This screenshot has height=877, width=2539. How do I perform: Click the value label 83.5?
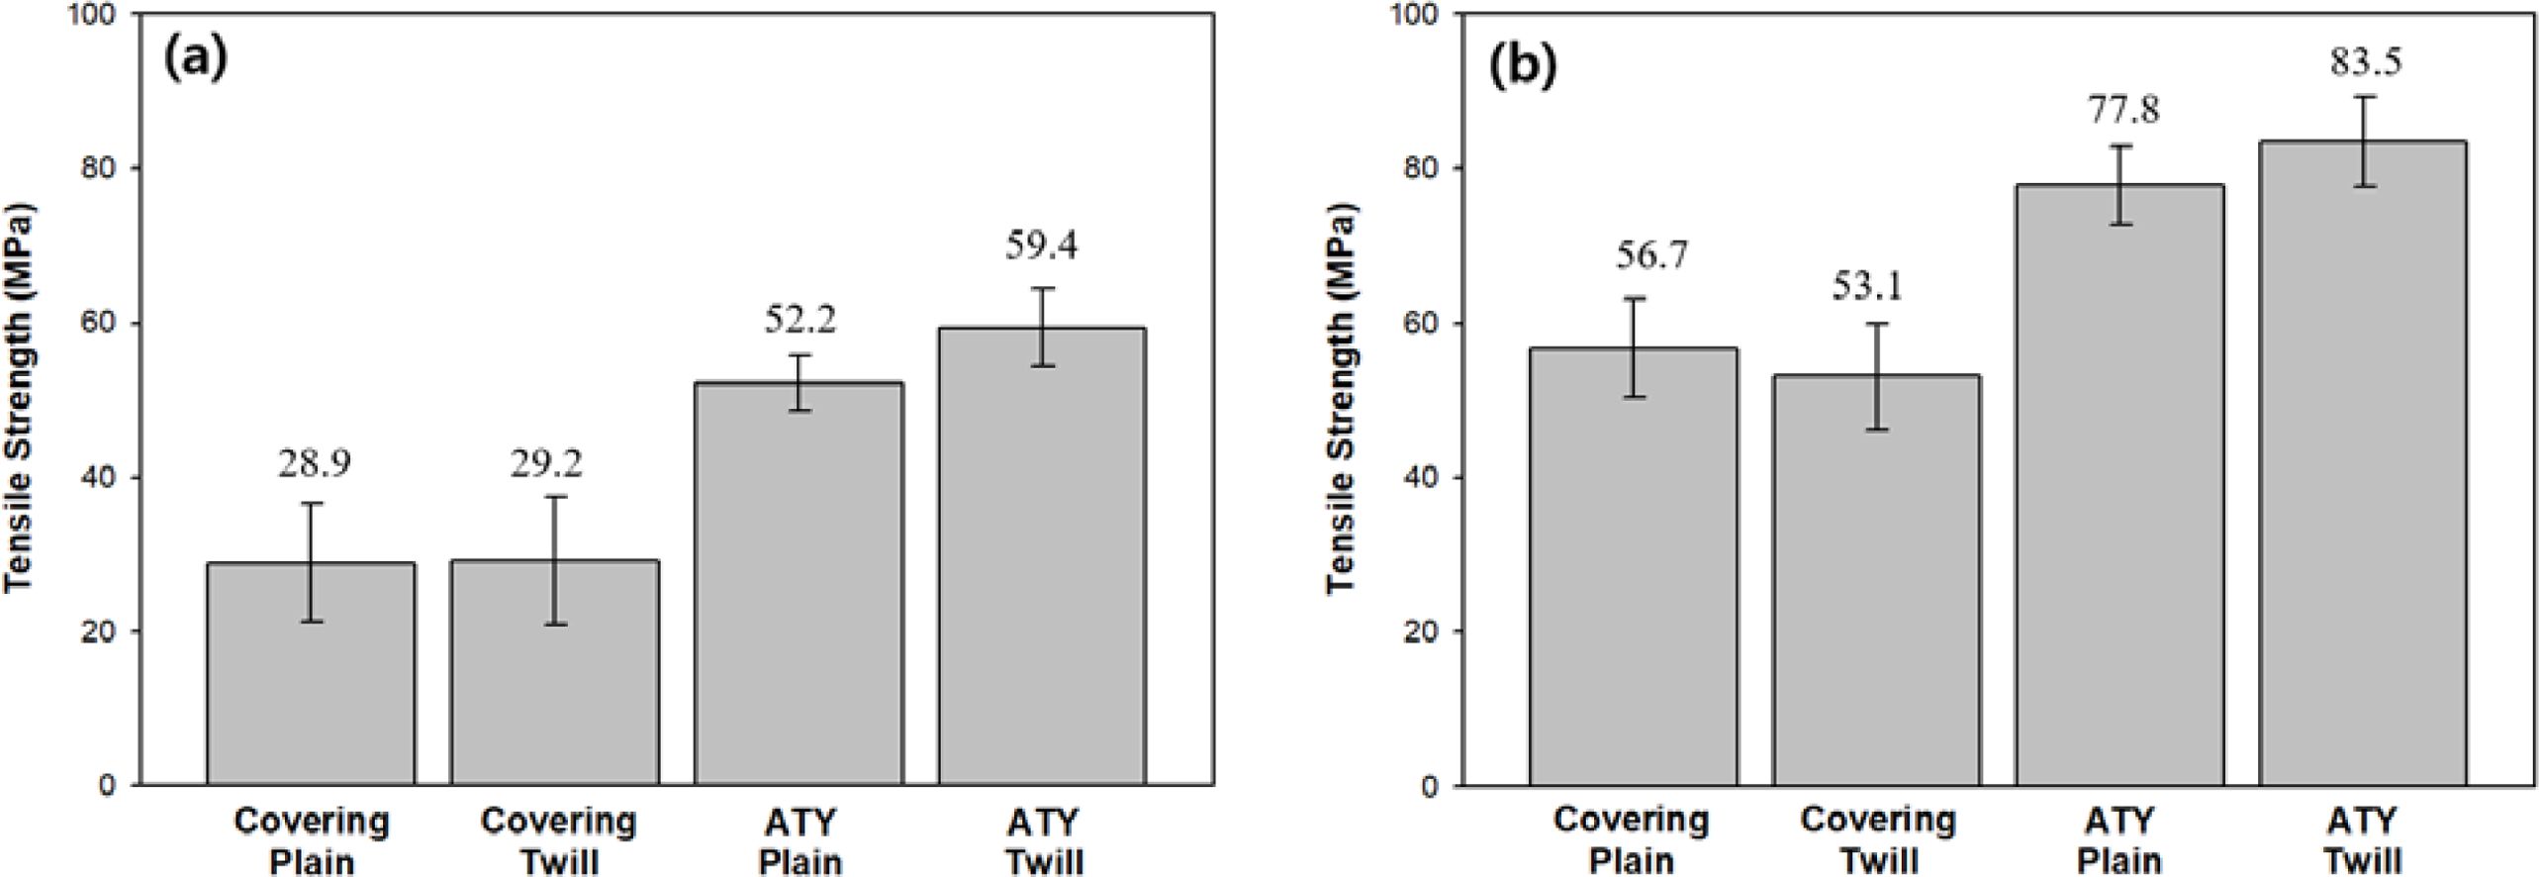(x=2363, y=61)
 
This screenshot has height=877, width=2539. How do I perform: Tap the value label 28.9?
(x=314, y=463)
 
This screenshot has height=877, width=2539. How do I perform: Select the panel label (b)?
(x=1524, y=65)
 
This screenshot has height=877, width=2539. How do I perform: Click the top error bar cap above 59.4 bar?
(x=1042, y=289)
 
